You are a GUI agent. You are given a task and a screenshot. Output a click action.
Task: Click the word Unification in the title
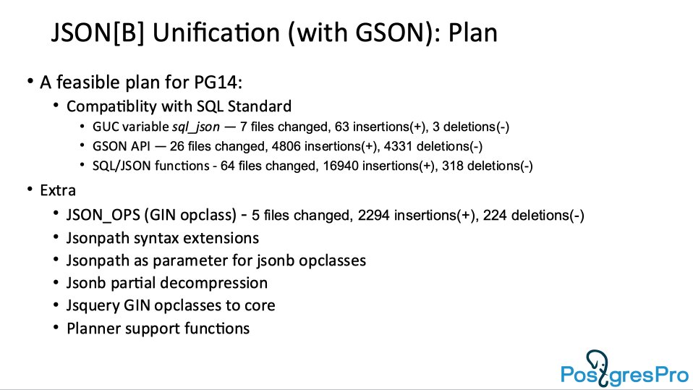point(216,33)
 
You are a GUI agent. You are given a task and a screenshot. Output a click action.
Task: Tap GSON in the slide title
point(390,33)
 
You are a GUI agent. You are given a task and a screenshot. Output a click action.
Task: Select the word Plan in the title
point(473,33)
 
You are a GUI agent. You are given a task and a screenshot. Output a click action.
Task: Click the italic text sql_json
point(196,127)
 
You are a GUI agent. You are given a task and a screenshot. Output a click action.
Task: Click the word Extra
point(58,190)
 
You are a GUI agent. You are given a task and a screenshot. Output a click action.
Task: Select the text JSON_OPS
point(103,216)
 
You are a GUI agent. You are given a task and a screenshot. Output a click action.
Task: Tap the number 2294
point(374,216)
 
